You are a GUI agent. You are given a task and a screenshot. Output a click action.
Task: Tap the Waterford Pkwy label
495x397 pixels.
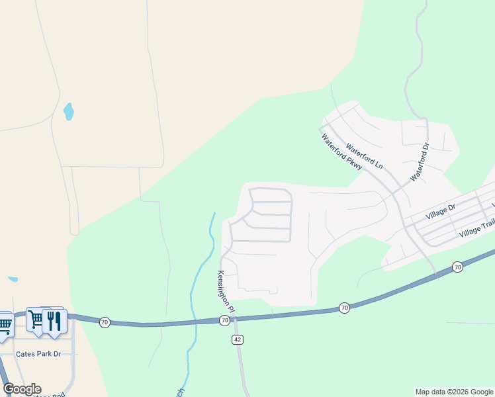[x=341, y=154]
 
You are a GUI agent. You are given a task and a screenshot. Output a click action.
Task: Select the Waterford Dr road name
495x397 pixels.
[x=420, y=163]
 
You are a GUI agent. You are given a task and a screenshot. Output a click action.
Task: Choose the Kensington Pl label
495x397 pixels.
[x=226, y=290]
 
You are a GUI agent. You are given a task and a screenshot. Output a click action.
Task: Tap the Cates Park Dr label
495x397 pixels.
[x=39, y=354]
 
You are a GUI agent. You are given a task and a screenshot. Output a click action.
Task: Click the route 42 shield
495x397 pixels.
[x=238, y=339]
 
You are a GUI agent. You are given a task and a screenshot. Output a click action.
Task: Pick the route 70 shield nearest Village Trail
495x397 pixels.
[x=457, y=267]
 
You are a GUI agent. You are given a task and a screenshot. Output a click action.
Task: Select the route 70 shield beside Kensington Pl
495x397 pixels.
[x=224, y=321]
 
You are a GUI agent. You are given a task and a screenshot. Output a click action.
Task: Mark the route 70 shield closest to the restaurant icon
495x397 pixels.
[x=104, y=322]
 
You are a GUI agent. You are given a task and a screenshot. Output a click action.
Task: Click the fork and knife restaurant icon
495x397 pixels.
[x=54, y=320]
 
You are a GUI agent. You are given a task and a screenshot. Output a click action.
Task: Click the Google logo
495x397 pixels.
[x=22, y=389]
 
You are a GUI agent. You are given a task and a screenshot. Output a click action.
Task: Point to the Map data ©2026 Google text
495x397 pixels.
[x=454, y=392]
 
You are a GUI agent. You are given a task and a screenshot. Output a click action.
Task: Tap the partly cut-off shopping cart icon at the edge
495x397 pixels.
[x=5, y=324]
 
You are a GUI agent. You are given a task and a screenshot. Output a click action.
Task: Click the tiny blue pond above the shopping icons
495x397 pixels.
[x=13, y=279]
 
